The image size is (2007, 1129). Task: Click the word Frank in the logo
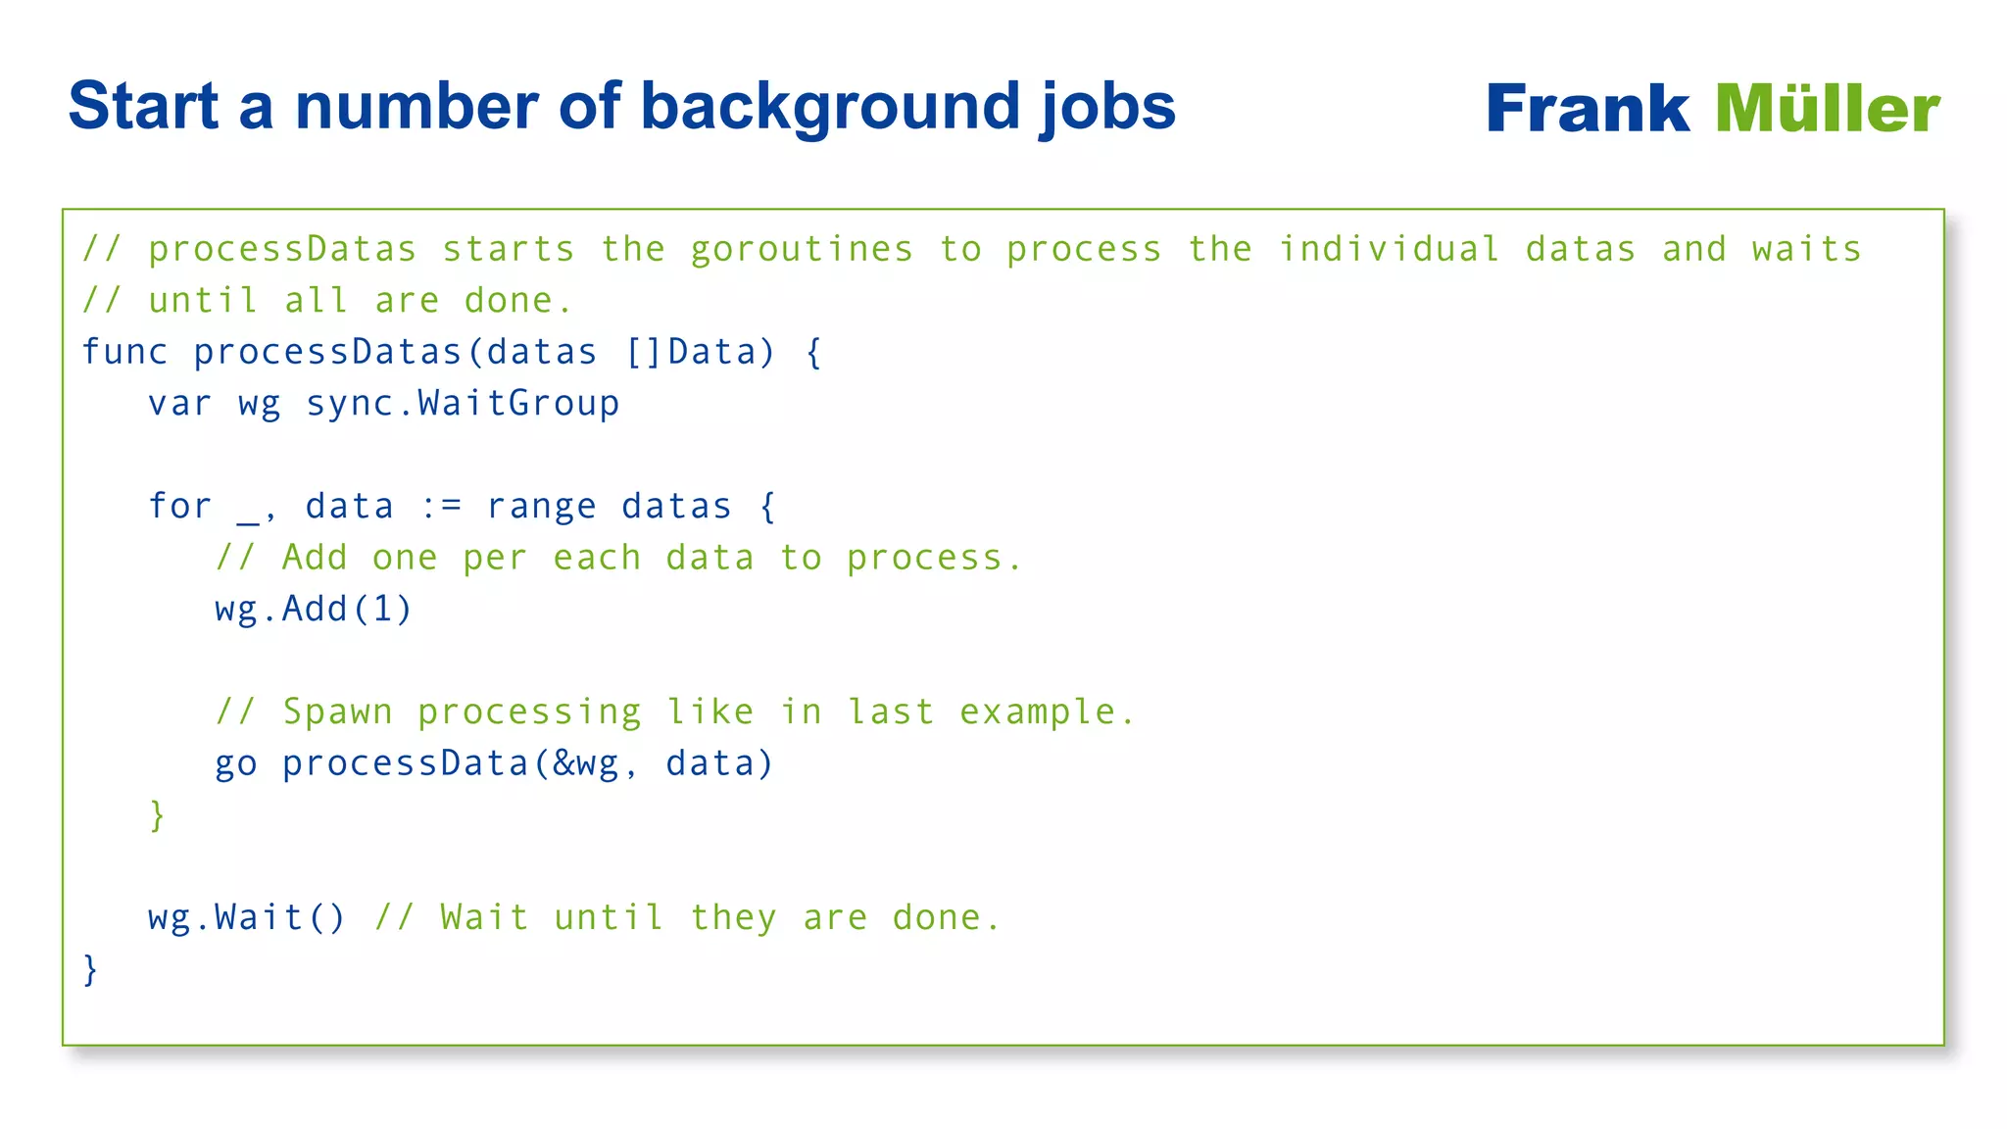(x=1587, y=109)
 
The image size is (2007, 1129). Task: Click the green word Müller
(x=1827, y=109)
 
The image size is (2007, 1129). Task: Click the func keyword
(x=124, y=352)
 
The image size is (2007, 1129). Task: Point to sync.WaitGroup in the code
(x=463, y=404)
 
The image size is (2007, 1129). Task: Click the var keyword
(x=179, y=404)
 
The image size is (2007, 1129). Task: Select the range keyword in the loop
(x=541, y=507)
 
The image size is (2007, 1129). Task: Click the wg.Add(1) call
(x=314, y=610)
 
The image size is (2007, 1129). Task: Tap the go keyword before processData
(x=236, y=764)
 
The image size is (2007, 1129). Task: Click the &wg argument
(x=586, y=764)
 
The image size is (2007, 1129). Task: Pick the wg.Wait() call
(x=247, y=918)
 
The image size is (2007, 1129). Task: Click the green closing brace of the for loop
(x=157, y=815)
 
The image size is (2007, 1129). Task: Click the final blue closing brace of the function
(x=90, y=969)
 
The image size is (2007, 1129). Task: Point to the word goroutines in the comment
(x=802, y=250)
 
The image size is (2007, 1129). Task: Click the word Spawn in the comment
(x=338, y=712)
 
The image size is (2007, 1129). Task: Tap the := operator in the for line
(x=440, y=507)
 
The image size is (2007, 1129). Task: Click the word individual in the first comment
(x=1389, y=249)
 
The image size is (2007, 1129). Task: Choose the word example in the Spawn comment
(x=1038, y=712)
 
